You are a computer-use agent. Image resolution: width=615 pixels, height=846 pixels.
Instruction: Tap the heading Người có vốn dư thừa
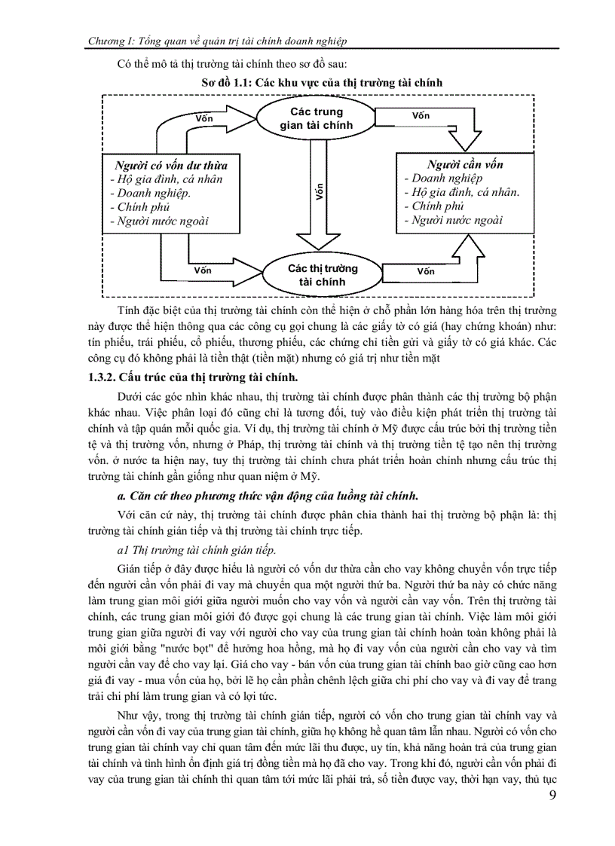coord(170,165)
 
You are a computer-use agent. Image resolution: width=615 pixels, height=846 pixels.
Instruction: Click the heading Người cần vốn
coord(465,164)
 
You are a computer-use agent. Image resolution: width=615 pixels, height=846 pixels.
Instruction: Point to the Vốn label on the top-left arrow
coord(204,118)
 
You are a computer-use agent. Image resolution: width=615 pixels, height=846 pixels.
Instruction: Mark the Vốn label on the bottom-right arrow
coord(426,271)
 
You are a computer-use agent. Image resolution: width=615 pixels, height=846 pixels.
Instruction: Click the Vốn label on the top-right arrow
coord(421,116)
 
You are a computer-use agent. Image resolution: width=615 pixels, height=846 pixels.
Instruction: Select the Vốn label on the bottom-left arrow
coord(203,270)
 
